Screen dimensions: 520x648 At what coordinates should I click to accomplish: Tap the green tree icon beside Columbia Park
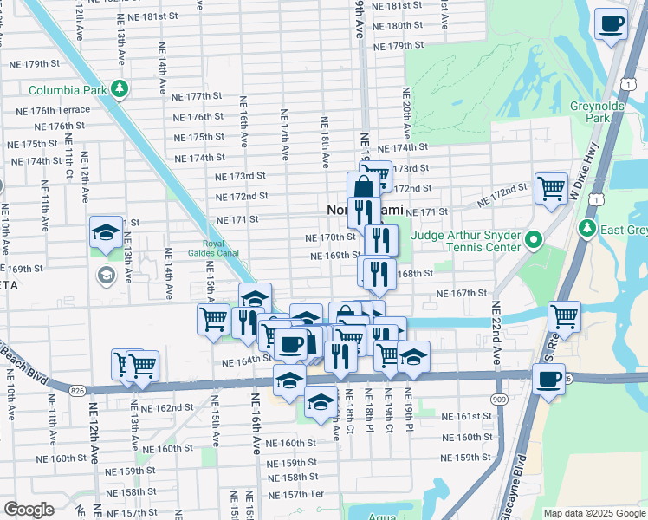click(125, 89)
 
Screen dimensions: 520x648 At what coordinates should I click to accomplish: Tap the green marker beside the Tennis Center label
click(535, 240)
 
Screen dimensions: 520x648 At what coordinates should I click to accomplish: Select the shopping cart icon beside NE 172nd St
click(550, 188)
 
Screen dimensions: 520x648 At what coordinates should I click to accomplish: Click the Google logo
click(29, 510)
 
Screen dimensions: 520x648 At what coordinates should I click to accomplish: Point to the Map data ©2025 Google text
click(594, 513)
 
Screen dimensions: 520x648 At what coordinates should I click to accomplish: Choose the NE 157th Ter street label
click(296, 494)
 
